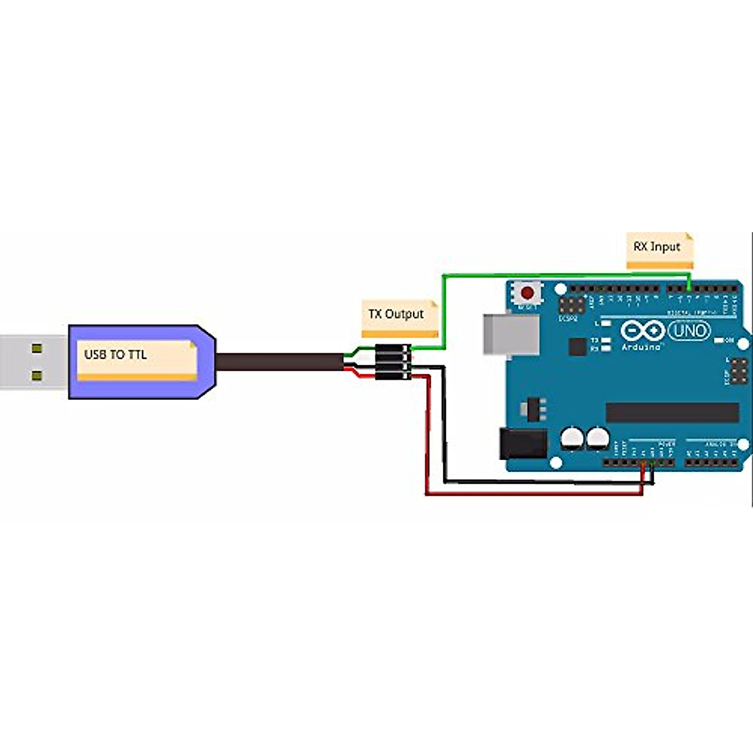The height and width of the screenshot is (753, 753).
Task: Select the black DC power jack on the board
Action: click(x=521, y=443)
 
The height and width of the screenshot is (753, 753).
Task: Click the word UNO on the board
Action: click(x=689, y=331)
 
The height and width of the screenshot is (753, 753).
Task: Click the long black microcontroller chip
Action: click(x=672, y=412)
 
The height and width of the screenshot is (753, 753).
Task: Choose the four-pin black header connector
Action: click(x=393, y=363)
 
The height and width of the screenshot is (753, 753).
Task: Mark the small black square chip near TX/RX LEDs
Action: click(x=577, y=347)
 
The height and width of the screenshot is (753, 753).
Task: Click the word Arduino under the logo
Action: click(x=641, y=346)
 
